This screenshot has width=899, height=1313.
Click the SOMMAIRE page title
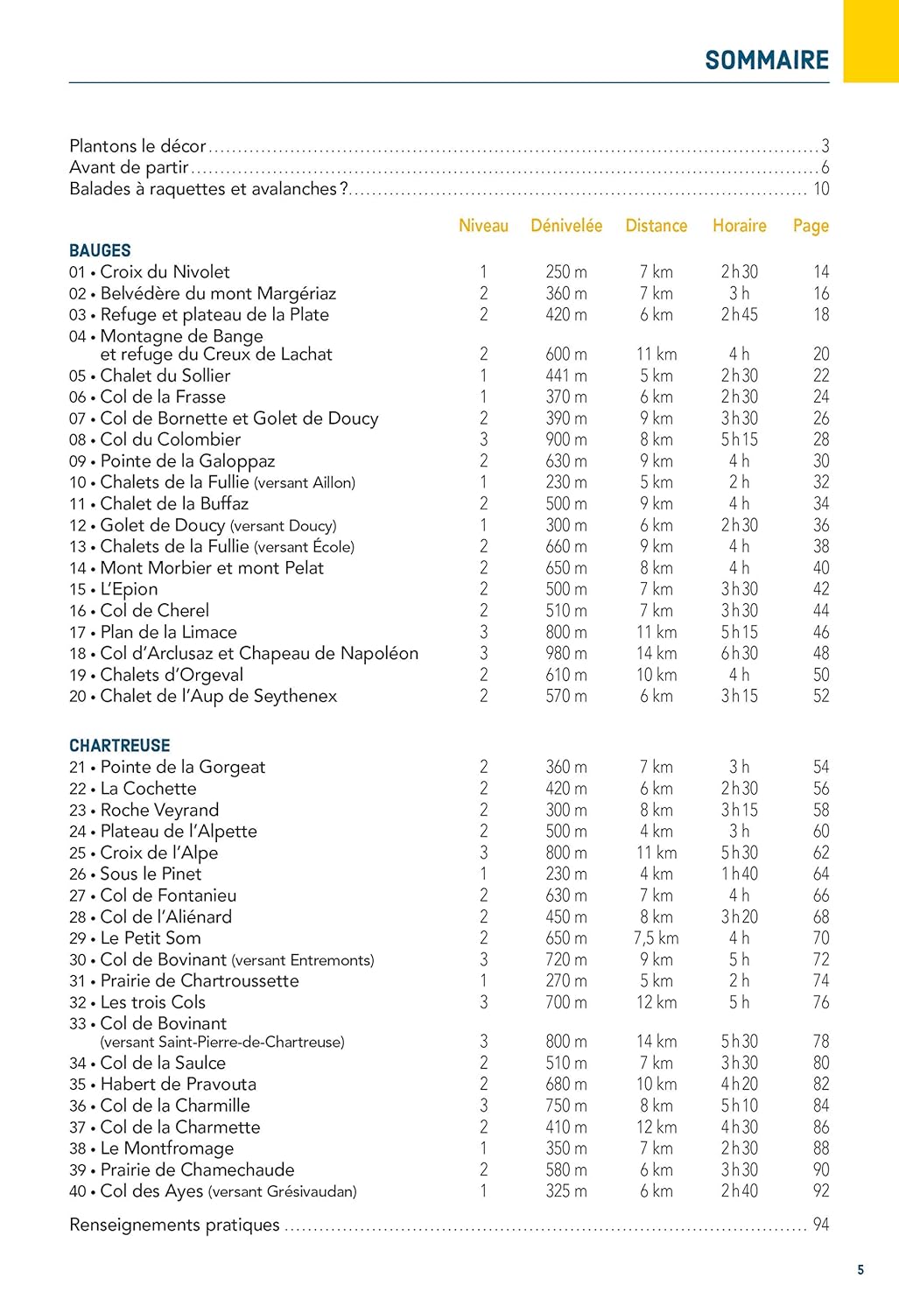pos(767,60)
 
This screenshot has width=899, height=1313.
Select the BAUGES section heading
pos(100,250)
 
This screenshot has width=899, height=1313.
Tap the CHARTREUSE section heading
pos(120,746)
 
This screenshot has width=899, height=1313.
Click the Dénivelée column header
pos(566,226)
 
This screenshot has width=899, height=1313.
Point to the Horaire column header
pos(739,226)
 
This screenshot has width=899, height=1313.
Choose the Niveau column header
pos(483,226)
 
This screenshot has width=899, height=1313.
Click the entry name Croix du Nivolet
pos(165,272)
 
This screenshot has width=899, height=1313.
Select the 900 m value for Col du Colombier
pos(566,439)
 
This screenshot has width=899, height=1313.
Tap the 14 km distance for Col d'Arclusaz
pos(657,653)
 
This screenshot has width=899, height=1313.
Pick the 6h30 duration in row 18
pos(739,653)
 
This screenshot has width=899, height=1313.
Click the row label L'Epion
pos(129,589)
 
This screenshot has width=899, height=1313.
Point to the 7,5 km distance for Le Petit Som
pos(657,938)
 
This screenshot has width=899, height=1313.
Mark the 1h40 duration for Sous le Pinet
pos(739,874)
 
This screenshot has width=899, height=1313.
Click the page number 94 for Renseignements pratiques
pos(820,1225)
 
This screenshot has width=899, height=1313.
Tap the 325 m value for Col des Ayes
pos(566,1191)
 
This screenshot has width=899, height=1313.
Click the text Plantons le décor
pos(137,146)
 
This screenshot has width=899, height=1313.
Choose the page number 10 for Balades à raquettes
pos(821,189)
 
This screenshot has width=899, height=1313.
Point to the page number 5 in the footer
pos(860,1270)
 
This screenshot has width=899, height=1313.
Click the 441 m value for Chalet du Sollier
pos(566,376)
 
